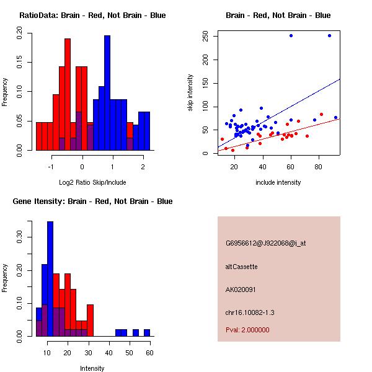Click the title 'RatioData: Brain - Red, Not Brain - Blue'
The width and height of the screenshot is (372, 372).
tap(92, 15)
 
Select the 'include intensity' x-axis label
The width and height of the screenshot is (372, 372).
tap(278, 182)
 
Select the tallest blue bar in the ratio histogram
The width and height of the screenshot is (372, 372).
tap(107, 93)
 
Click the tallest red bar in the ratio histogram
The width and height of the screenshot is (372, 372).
tap(68, 93)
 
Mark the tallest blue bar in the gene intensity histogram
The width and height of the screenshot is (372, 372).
tap(50, 279)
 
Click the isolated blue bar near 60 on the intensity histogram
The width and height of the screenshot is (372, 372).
tap(147, 333)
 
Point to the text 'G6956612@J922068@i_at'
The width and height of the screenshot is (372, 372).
tap(266, 243)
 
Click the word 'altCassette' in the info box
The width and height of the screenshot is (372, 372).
tap(241, 267)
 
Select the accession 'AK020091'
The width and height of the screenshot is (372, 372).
tap(241, 290)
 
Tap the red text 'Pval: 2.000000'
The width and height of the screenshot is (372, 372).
tap(247, 330)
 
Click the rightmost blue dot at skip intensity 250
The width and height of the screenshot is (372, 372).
tap(329, 35)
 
